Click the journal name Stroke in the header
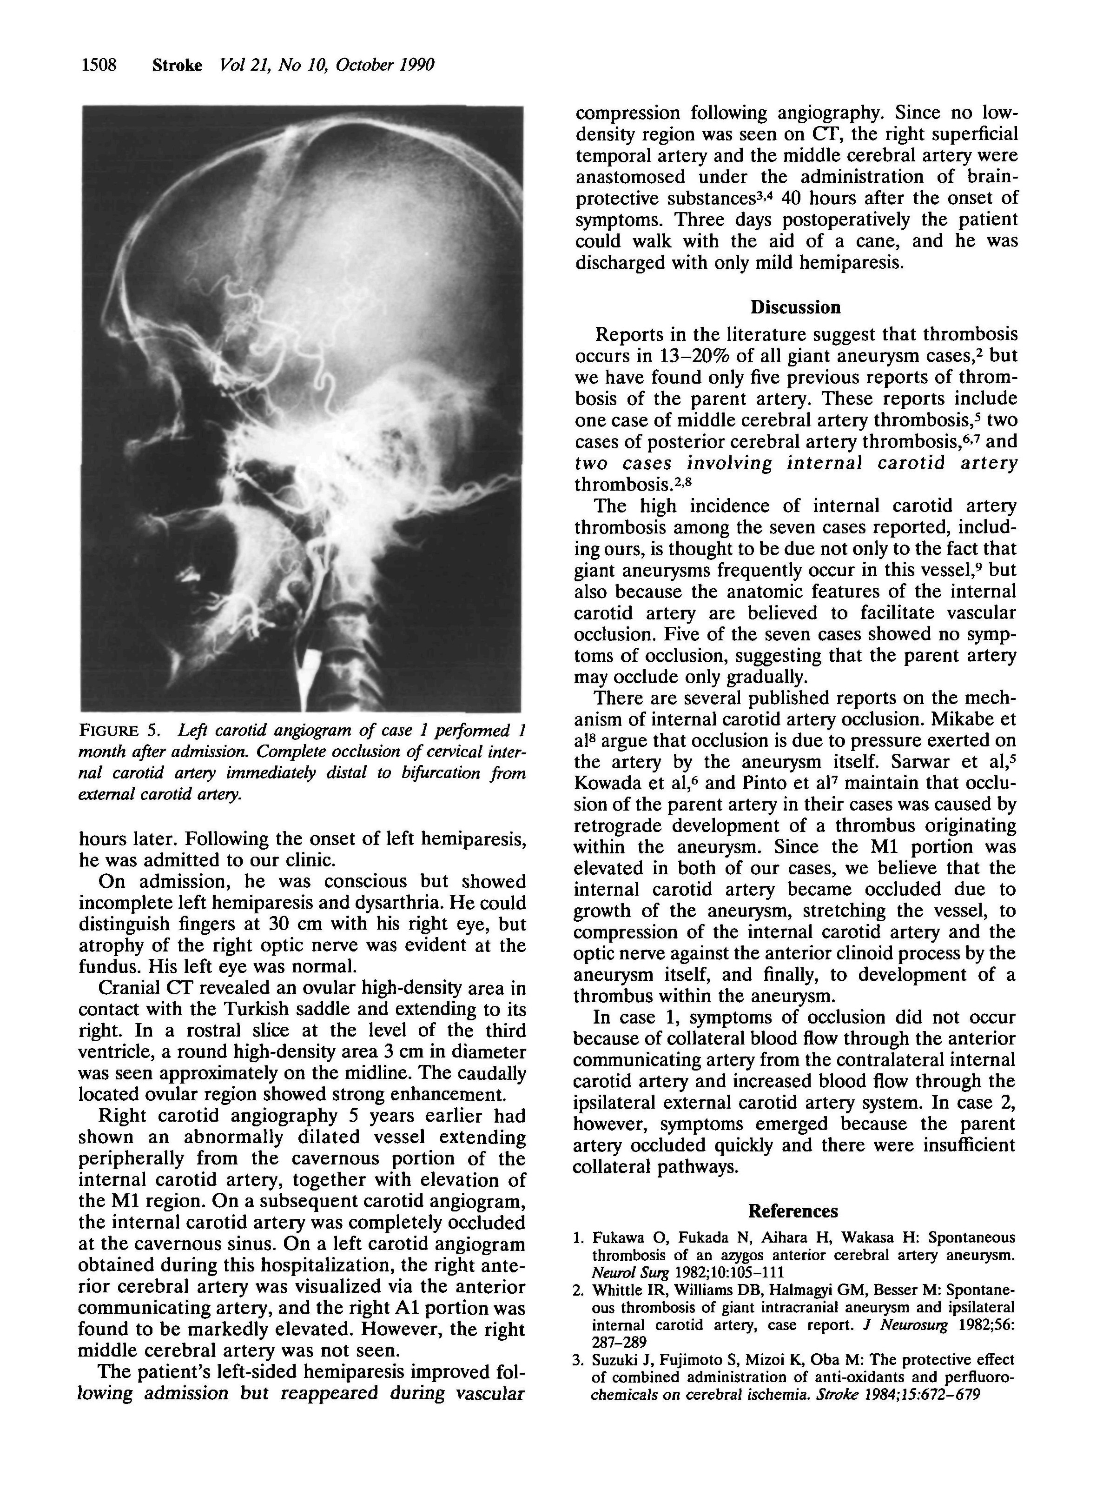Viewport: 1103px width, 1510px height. click(177, 66)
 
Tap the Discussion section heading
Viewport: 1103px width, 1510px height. click(795, 307)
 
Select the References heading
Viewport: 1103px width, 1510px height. click(793, 1211)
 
